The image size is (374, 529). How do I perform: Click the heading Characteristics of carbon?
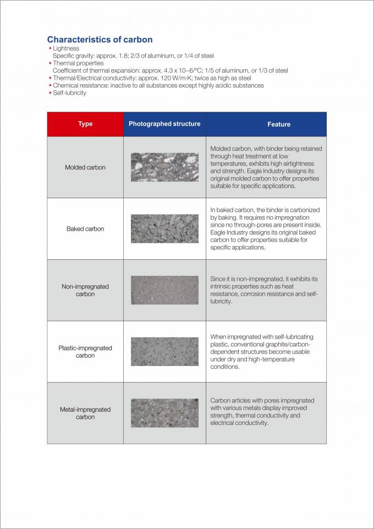tap(100, 40)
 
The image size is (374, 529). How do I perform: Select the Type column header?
tap(85, 124)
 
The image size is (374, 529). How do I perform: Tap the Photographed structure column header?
tap(164, 124)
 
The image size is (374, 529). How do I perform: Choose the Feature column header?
tap(279, 124)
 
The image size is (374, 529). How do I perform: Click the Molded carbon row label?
tap(85, 167)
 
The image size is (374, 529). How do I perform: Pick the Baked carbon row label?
tap(85, 229)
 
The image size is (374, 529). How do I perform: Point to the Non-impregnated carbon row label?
tap(85, 290)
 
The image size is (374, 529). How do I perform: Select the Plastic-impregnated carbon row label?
tap(85, 352)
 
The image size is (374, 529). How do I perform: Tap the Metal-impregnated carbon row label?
tap(85, 413)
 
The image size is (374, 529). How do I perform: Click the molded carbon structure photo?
tap(164, 167)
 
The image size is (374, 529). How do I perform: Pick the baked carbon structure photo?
tap(164, 229)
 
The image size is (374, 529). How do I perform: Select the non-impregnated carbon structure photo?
tap(164, 290)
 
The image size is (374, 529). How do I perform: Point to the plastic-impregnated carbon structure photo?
tap(164, 352)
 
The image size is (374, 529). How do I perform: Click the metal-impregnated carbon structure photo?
tap(164, 413)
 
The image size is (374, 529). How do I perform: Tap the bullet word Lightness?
tap(66, 48)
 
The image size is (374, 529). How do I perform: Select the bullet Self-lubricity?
tap(69, 93)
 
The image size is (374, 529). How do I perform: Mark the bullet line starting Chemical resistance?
tap(158, 85)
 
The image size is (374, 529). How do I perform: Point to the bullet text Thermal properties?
tap(78, 63)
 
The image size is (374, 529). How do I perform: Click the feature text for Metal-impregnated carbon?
tap(262, 412)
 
